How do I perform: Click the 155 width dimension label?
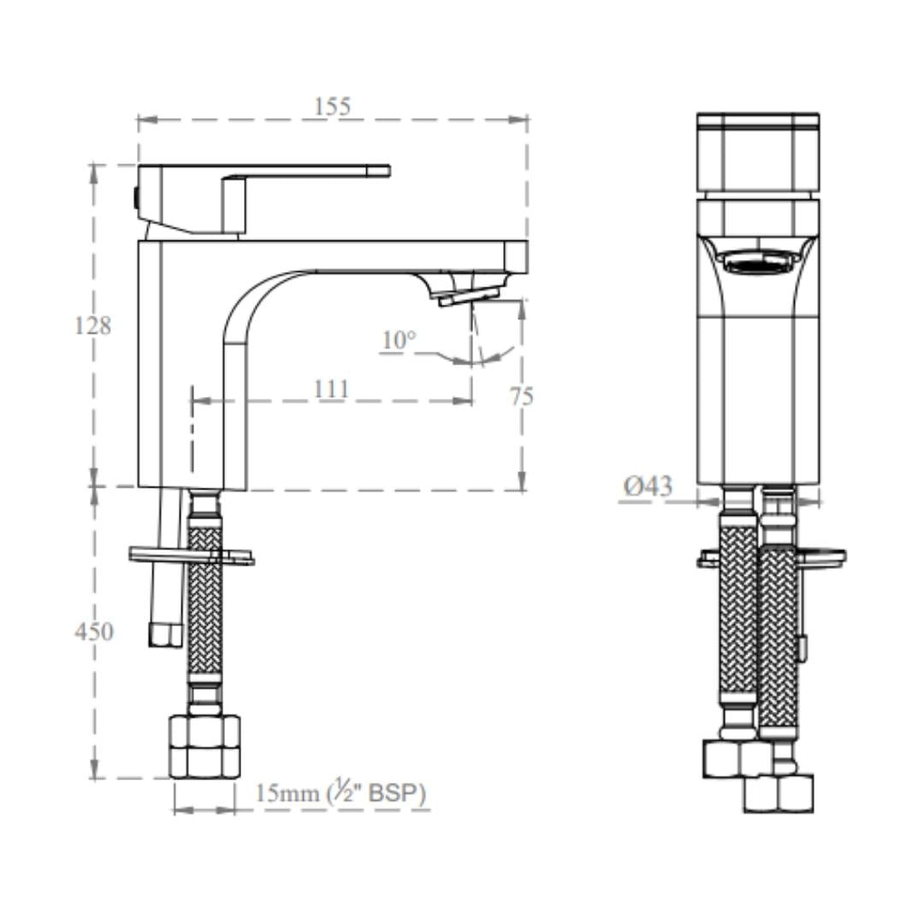pos(332,107)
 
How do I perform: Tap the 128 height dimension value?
pos(92,325)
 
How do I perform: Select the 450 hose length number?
pos(93,631)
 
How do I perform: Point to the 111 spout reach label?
pos(330,389)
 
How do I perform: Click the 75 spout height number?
pos(522,396)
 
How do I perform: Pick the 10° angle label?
pos(399,340)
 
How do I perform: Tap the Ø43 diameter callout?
pos(648,487)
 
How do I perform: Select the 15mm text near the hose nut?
pos(287,794)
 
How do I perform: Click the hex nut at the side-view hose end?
pos(204,747)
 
